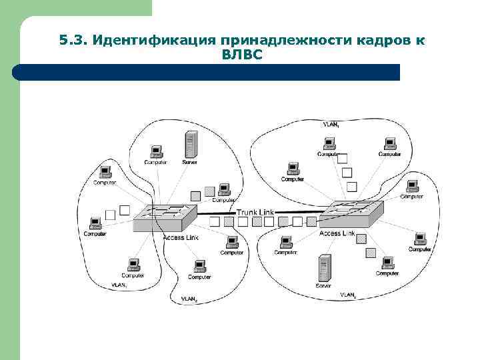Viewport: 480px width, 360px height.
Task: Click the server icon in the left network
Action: click(191, 144)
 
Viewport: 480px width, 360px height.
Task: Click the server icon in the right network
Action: click(324, 267)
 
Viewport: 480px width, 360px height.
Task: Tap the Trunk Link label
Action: click(256, 212)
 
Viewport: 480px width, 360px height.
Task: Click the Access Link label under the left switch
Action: click(181, 238)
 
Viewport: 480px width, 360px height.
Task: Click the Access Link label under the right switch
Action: click(337, 233)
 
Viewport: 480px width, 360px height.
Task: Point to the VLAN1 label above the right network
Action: click(331, 125)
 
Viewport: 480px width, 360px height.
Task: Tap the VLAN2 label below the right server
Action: click(348, 294)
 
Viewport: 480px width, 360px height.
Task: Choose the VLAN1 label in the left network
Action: click(119, 285)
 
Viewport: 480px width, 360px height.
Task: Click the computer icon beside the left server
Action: click(155, 151)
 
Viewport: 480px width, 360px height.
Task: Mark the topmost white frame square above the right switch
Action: click(342, 159)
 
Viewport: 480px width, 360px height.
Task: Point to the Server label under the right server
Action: click(323, 285)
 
